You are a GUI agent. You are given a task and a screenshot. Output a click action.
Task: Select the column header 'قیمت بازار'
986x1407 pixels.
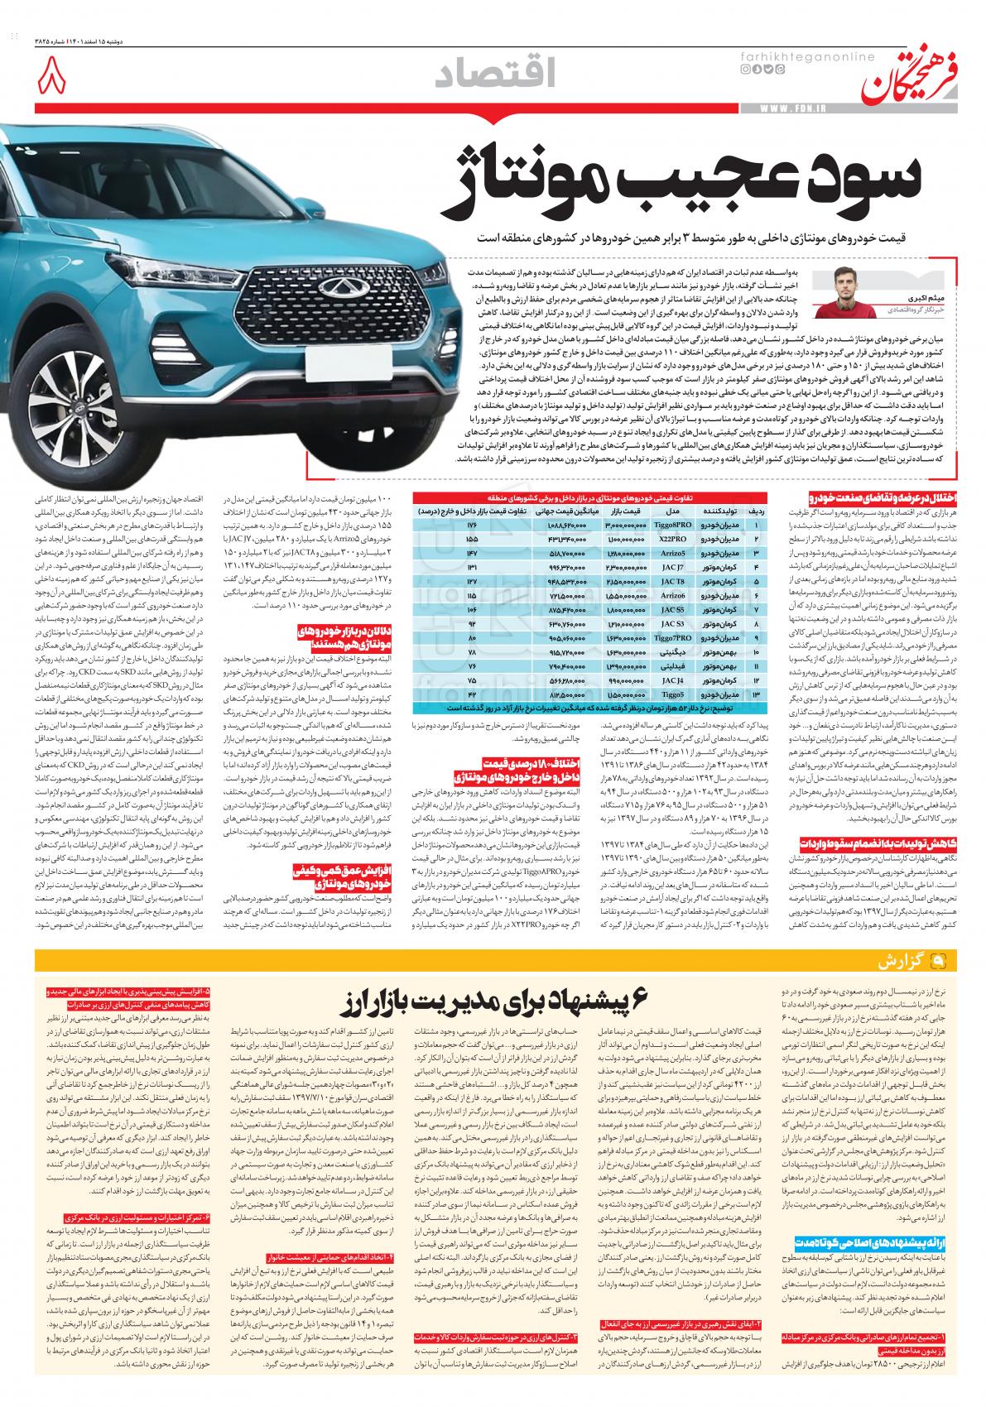[x=626, y=511]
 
